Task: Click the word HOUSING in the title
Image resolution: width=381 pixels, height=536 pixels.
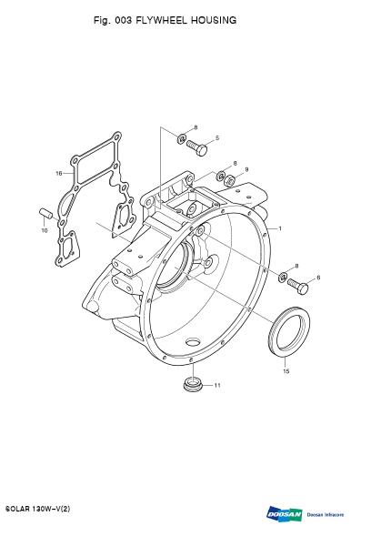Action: pyautogui.click(x=214, y=20)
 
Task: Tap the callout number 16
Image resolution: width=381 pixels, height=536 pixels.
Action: pyautogui.click(x=59, y=173)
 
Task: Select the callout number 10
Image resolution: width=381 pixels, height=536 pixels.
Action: pyautogui.click(x=45, y=231)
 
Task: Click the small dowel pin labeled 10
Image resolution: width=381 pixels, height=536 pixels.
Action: pyautogui.click(x=45, y=213)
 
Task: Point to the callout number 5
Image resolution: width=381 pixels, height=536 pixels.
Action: pyautogui.click(x=217, y=138)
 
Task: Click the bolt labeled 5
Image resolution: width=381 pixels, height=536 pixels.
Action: pyautogui.click(x=196, y=148)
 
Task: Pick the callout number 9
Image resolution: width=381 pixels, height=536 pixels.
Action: pyautogui.click(x=246, y=169)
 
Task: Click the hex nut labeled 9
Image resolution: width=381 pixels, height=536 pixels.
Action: pyautogui.click(x=230, y=179)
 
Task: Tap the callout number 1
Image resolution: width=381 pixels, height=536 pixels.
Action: pyautogui.click(x=280, y=228)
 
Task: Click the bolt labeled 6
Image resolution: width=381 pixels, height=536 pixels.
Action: pyautogui.click(x=297, y=286)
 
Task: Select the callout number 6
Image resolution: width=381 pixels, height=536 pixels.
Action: pyautogui.click(x=318, y=278)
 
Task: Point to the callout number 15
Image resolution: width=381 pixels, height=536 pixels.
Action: pyautogui.click(x=286, y=371)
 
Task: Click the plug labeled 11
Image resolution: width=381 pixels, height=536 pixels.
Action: pyautogui.click(x=193, y=385)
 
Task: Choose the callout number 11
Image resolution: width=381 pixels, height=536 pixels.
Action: pyautogui.click(x=217, y=385)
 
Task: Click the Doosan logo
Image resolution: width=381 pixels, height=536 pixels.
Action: pyautogui.click(x=285, y=514)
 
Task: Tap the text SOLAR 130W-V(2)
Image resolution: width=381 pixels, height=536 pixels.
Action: pyautogui.click(x=38, y=509)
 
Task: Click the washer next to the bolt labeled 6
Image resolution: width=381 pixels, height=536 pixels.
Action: pyautogui.click(x=282, y=277)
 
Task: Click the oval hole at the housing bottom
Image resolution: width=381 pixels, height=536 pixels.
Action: pyautogui.click(x=194, y=341)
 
